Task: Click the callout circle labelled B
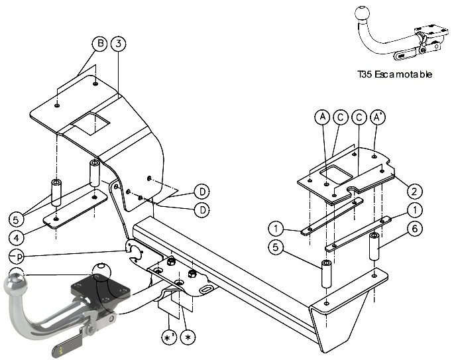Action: tap(99, 44)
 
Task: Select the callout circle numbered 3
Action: tap(118, 44)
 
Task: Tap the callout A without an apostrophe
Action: tap(322, 117)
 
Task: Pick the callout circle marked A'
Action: tap(378, 117)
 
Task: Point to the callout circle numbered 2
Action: tap(414, 192)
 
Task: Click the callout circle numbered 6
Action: tap(415, 229)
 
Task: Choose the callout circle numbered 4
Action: tap(17, 238)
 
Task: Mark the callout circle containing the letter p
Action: tap(17, 257)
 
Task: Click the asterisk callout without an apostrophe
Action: tap(188, 337)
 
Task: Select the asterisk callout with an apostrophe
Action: tap(169, 337)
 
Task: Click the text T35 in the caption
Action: tap(365, 74)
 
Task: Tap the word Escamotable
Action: tap(403, 74)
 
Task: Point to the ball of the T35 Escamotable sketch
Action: tap(363, 13)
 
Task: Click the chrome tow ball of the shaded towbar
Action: tap(15, 284)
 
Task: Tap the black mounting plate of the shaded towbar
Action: tap(101, 288)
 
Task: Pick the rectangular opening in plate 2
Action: tap(337, 174)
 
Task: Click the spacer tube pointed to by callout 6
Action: tap(374, 246)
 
